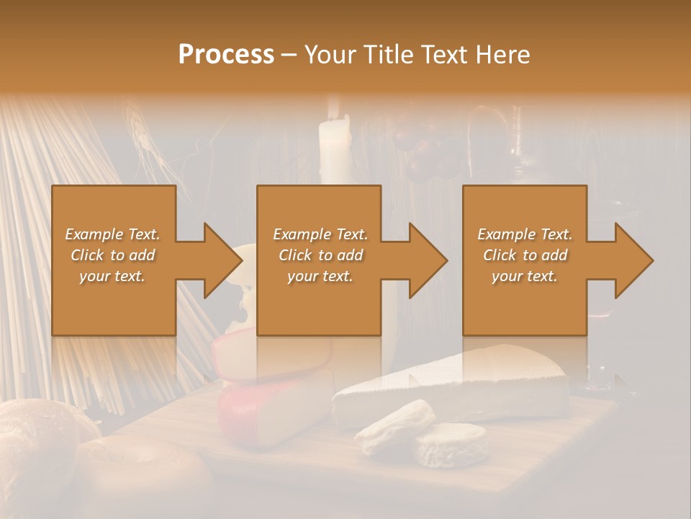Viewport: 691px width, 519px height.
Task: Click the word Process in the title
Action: click(x=226, y=55)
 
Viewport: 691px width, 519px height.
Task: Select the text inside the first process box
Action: click(x=112, y=255)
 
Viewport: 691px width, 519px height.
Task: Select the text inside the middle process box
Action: click(x=320, y=255)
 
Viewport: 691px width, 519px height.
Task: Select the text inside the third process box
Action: click(x=525, y=255)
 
